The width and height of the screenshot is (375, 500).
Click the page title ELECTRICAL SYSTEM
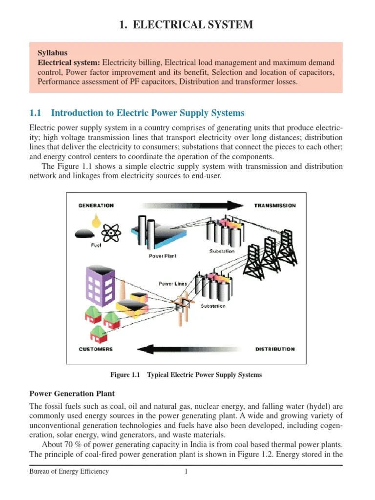[x=186, y=25]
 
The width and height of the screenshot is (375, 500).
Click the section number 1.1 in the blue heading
[x=36, y=113]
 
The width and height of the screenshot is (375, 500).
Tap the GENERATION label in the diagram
[x=96, y=206]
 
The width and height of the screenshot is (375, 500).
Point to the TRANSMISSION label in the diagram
[x=275, y=206]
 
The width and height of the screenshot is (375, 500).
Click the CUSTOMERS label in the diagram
[x=96, y=349]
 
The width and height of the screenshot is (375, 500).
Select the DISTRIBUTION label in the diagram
[x=275, y=349]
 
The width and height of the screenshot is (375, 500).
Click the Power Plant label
[x=163, y=256]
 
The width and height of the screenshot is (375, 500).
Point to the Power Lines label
[x=173, y=283]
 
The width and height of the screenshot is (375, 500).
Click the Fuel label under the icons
[x=97, y=245]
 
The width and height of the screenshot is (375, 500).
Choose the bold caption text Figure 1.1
[x=125, y=375]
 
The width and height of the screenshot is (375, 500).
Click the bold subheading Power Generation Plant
[x=72, y=394]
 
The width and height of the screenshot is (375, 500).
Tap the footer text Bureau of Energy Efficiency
[x=69, y=472]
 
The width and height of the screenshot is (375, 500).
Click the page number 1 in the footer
[x=186, y=472]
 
